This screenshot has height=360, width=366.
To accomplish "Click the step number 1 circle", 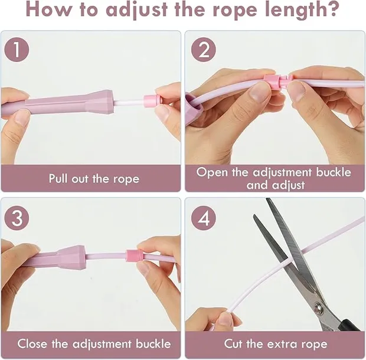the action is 17,50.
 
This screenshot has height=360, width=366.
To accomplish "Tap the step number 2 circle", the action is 203,50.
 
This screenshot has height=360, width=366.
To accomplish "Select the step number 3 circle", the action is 17,218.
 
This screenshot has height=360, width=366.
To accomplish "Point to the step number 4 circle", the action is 203,218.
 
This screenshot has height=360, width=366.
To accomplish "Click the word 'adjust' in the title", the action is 137,10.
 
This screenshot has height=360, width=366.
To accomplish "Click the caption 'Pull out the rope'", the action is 94,179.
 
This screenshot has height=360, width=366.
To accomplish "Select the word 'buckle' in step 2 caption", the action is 334,172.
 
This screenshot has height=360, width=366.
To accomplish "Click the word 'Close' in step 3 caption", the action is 32,343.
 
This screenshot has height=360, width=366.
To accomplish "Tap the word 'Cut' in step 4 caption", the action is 234,343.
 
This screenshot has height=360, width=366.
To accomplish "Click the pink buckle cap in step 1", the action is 152,101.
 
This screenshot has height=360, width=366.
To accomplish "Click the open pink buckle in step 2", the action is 276,81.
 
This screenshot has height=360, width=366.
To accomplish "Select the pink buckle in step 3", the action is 134,255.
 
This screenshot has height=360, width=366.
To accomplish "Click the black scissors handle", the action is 348,325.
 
